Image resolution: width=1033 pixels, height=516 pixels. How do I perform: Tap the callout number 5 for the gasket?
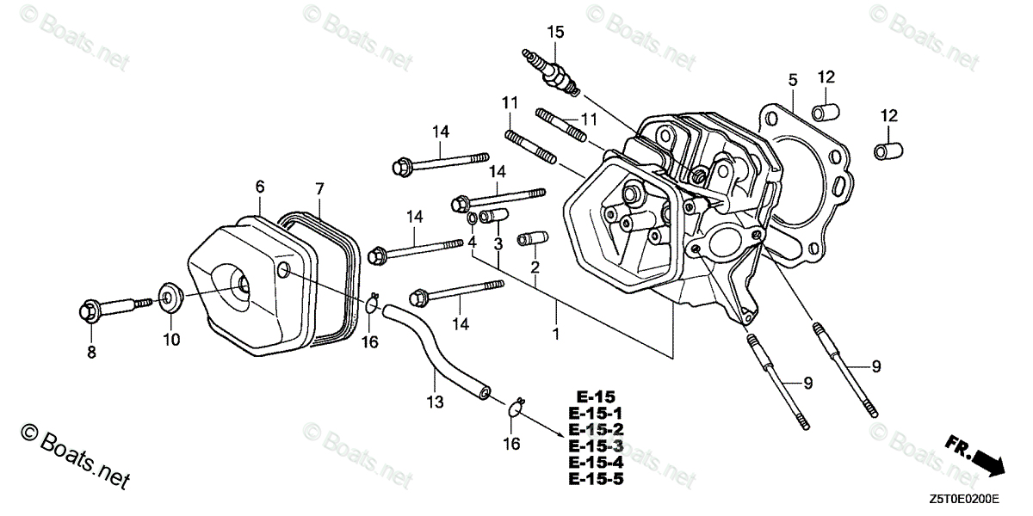[x=792, y=80]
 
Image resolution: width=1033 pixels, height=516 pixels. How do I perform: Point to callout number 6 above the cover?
[x=259, y=187]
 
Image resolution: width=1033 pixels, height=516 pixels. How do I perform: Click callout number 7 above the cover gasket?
[x=319, y=187]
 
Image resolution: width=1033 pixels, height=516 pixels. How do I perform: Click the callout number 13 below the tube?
[x=434, y=402]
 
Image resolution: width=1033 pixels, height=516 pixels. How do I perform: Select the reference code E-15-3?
[x=595, y=445]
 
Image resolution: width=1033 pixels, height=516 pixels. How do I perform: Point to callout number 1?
[x=556, y=333]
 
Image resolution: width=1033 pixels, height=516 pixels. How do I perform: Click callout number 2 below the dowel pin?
[x=535, y=269]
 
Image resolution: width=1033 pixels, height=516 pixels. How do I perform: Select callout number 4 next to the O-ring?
[x=472, y=243]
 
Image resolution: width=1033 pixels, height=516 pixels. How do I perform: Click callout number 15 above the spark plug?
[x=555, y=33]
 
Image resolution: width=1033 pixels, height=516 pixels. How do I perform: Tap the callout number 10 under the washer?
[x=172, y=340]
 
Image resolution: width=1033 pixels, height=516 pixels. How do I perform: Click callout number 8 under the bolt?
[x=91, y=352]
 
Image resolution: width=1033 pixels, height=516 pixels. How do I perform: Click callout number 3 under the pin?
[x=498, y=245]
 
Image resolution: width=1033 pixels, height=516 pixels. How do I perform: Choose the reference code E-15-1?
[x=595, y=414]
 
